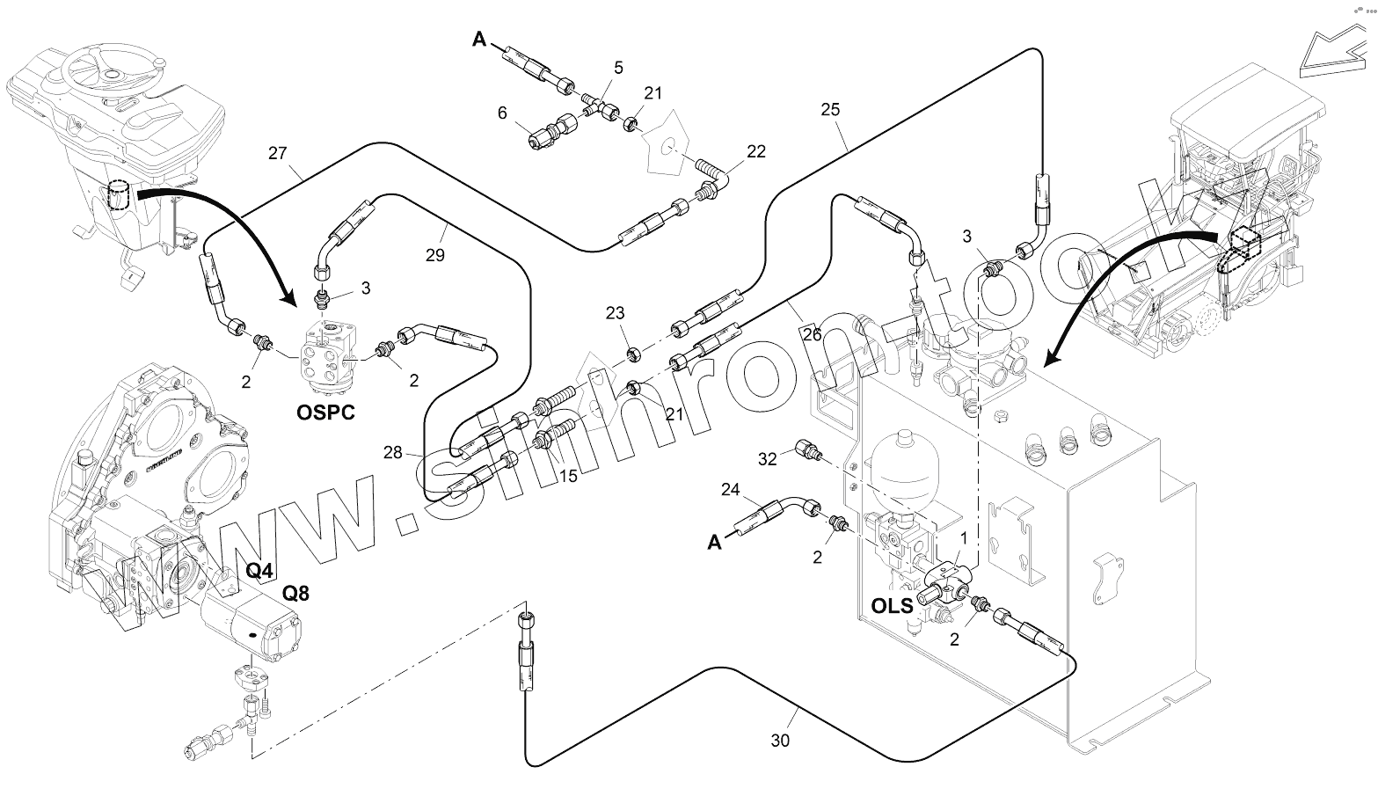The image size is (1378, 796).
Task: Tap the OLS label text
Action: coord(892,605)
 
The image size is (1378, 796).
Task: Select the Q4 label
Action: coord(259,570)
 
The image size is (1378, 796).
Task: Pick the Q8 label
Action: coord(295,593)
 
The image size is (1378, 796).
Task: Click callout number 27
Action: coord(278,152)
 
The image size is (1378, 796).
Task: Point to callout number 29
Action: coord(434,255)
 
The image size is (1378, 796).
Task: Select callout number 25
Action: coord(830,110)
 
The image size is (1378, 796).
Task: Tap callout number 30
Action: coord(780,741)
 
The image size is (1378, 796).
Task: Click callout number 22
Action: coord(756,151)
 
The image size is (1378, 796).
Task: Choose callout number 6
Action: coord(502,113)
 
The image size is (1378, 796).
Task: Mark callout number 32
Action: coord(768,458)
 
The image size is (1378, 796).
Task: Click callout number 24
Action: coord(732,489)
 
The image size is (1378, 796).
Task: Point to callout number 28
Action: coord(393,452)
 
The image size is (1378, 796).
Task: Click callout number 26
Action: coord(812,334)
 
